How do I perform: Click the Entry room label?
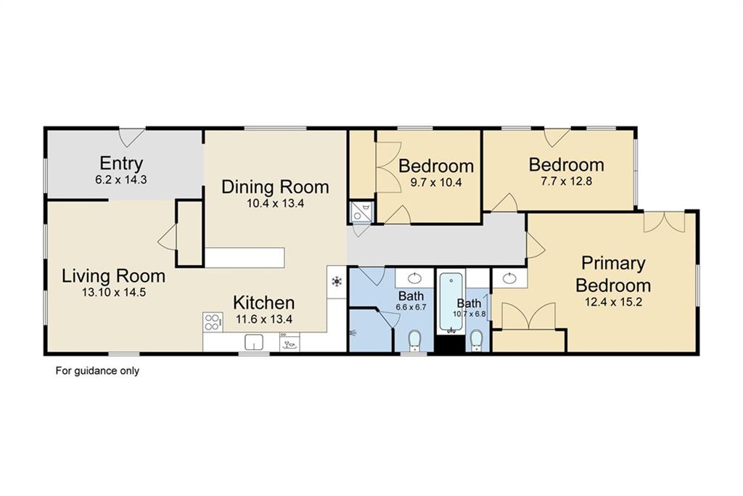pos(121,163)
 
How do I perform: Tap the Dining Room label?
pos(275,187)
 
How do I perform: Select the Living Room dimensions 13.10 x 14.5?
pos(114,292)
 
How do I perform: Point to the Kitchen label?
pos(263,303)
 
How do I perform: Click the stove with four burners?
pos(213,322)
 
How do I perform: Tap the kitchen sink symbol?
pos(255,342)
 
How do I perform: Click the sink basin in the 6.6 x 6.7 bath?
pos(415,277)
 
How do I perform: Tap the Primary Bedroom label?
pos(613,274)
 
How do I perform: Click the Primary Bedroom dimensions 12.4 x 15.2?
pos(613,301)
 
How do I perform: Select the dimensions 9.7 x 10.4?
pos(436,182)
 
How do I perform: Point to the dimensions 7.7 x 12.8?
pos(566,181)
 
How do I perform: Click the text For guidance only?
pos(98,370)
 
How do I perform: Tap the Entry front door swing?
pos(131,137)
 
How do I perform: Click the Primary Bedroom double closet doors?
pos(528,316)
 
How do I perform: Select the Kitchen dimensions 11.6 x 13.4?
pos(264,319)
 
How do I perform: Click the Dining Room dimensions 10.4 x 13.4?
pos(275,203)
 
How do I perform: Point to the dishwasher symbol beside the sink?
pos(289,342)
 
